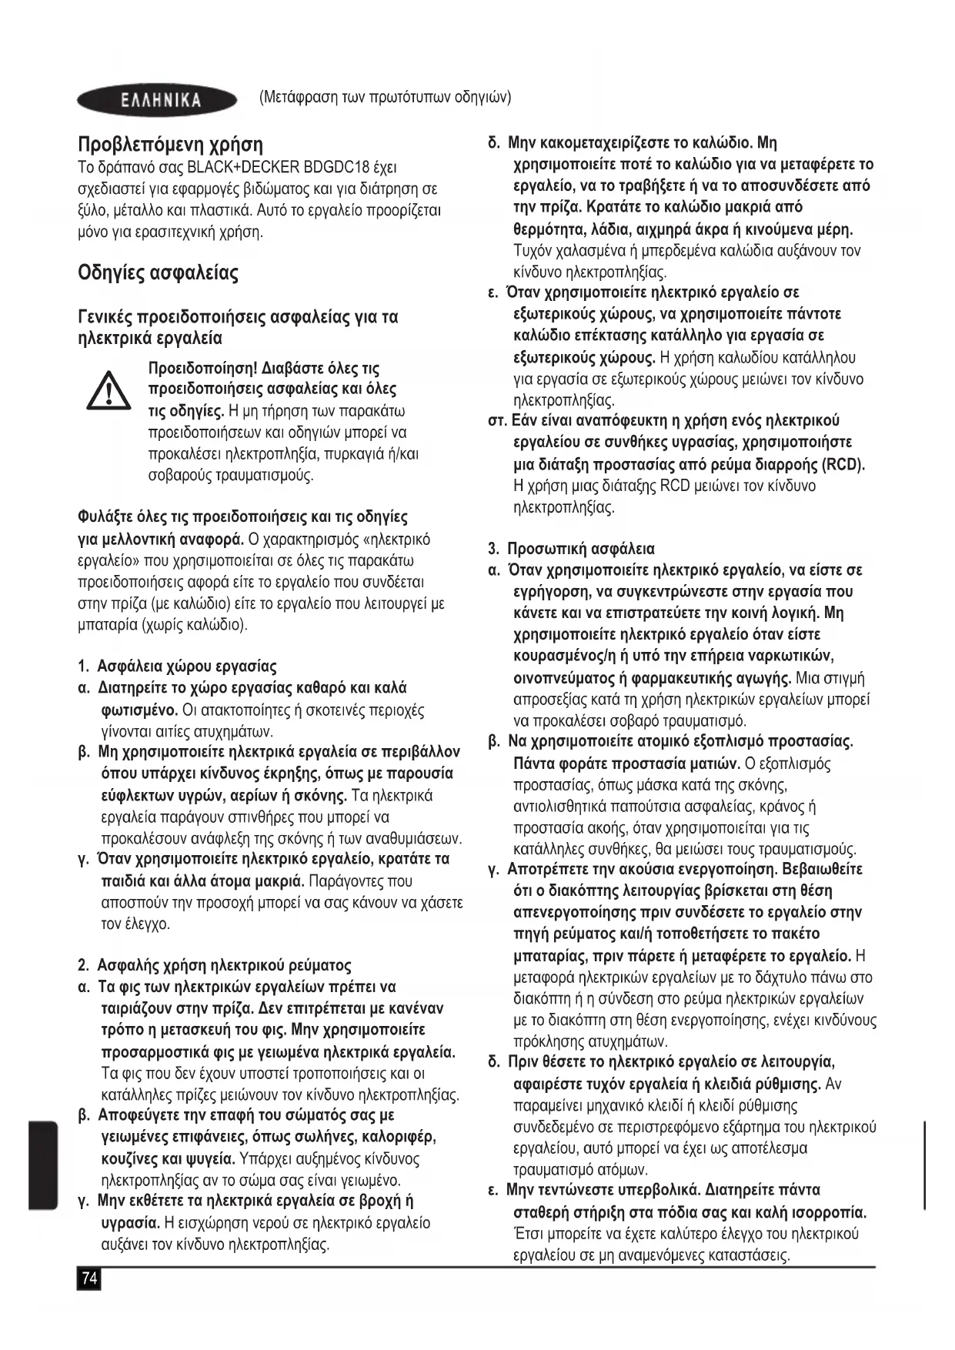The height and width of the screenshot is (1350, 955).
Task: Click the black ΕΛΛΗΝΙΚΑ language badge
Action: tap(158, 100)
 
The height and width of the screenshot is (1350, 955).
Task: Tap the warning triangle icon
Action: tap(109, 390)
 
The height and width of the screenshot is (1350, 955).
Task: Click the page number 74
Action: tap(89, 1278)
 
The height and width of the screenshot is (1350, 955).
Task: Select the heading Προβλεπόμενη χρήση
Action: tap(170, 144)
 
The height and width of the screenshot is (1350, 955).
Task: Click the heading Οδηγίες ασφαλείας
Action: tap(158, 273)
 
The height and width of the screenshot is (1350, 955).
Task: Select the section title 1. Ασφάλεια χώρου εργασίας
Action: tap(177, 667)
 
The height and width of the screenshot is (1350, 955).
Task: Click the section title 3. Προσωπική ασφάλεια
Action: tap(571, 549)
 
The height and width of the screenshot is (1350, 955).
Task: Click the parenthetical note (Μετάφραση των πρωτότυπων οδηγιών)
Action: tap(385, 98)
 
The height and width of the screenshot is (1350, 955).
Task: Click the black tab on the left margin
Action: tap(43, 1165)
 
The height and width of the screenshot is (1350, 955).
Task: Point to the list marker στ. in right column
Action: tap(497, 421)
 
